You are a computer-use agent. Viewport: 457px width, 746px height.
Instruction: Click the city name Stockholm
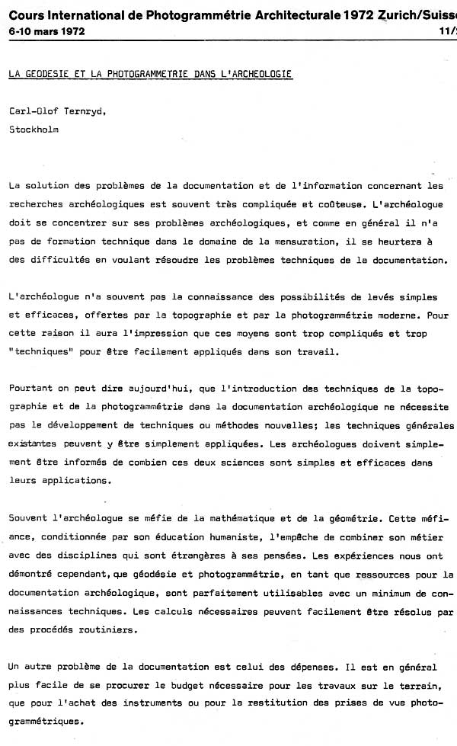point(34,130)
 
